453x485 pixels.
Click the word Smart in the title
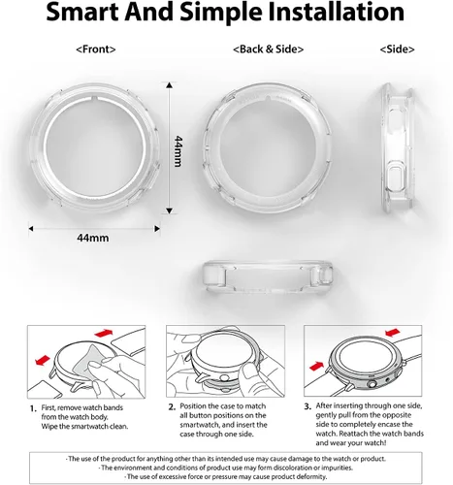point(82,12)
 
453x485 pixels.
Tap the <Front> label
point(96,49)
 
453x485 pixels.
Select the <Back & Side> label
point(268,49)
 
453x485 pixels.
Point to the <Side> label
point(397,49)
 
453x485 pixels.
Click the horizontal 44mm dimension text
point(93,238)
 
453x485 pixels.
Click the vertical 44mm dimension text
point(178,151)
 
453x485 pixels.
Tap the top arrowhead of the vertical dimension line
point(169,85)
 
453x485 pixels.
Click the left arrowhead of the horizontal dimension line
point(31,229)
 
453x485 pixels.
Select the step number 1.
point(33,408)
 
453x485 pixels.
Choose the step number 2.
point(172,406)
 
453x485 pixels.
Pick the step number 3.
point(307,406)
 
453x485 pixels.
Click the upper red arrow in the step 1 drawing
point(104,333)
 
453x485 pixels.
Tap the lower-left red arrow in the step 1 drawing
point(43,360)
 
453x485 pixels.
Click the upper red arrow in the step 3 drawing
point(393,333)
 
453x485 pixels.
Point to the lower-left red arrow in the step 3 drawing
point(317,366)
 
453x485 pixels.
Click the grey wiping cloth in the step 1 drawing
point(90,364)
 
